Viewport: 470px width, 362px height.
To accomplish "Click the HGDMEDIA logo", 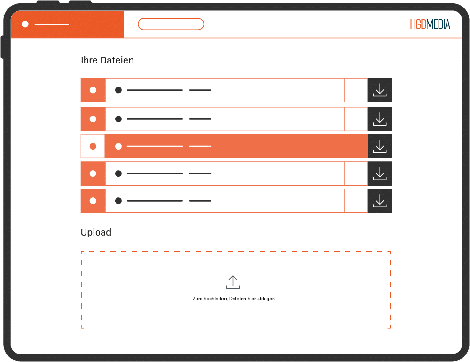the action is coord(430,24).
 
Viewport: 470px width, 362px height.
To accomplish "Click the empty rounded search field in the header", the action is coord(171,24).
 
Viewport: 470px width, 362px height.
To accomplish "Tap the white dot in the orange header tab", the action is coord(25,24).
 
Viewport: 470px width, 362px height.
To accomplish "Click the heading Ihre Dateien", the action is coord(107,60).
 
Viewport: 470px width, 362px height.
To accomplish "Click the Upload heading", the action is coord(96,232).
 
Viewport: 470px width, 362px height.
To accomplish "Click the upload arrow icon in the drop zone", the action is coord(233,282).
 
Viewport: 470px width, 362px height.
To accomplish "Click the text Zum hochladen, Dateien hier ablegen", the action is coord(234,299).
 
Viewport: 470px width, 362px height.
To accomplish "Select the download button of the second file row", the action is coord(380,119).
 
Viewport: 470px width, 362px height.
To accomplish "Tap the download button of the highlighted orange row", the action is coord(380,146).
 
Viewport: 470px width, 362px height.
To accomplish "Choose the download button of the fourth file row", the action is coord(380,173).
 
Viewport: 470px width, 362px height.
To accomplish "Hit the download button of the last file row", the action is coord(380,201).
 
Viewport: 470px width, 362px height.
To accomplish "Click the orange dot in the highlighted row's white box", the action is coord(93,146).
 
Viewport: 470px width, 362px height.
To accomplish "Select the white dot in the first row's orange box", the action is coord(93,90).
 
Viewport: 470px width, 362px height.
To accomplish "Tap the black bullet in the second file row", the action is coord(118,119).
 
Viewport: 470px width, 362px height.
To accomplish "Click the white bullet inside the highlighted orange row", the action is coord(118,146).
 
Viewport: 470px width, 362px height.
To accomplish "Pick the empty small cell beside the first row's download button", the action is coord(356,90).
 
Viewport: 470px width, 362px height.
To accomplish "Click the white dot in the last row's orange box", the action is coord(93,201).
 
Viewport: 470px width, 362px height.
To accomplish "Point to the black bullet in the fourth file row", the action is coord(118,173).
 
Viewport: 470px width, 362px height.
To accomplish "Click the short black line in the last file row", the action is coord(200,201).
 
